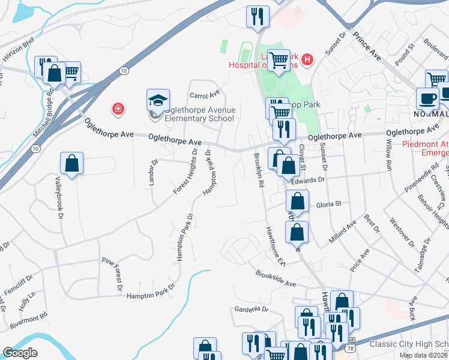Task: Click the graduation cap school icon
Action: click(x=158, y=100)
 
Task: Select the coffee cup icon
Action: click(x=427, y=98)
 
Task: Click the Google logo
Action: click(x=20, y=353)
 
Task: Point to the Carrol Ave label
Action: click(x=205, y=95)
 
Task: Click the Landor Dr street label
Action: click(x=154, y=172)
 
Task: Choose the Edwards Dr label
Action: click(x=309, y=180)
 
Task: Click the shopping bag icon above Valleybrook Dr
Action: click(x=71, y=163)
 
